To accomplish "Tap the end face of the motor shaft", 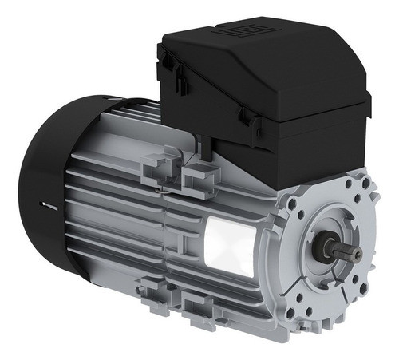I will point(358,254).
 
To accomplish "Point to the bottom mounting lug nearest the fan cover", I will point(152,296).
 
